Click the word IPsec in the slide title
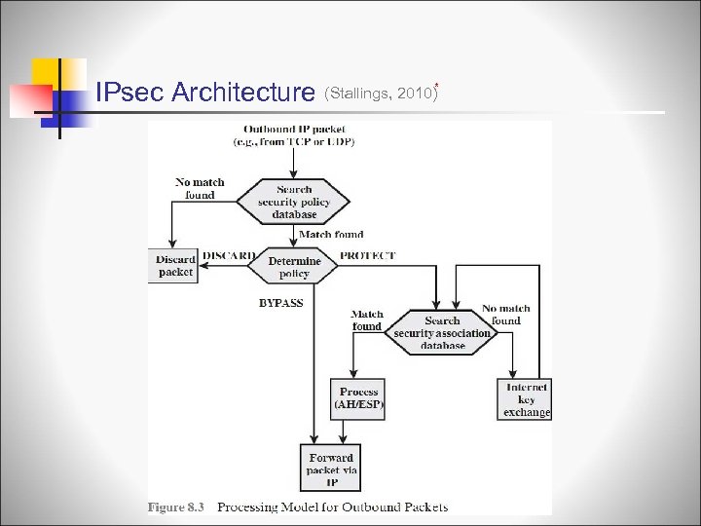(x=129, y=93)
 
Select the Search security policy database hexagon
(x=294, y=202)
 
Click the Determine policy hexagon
(x=294, y=268)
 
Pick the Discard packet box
(x=175, y=266)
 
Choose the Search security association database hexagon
(x=443, y=333)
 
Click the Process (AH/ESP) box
(x=359, y=397)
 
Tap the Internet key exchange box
(x=526, y=399)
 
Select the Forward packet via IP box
(x=331, y=470)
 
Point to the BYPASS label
(x=281, y=303)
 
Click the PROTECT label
(x=368, y=255)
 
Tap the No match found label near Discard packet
(x=200, y=188)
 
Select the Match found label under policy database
(x=331, y=235)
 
